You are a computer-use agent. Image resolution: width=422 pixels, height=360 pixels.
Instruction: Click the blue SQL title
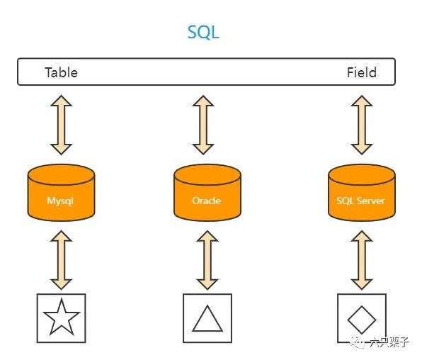click(x=203, y=33)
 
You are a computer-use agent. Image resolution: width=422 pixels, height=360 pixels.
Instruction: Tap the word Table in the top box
click(x=61, y=72)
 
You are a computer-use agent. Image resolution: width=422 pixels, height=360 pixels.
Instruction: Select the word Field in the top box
click(x=361, y=72)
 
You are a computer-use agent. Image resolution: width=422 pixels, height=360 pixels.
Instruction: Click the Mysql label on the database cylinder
click(x=60, y=201)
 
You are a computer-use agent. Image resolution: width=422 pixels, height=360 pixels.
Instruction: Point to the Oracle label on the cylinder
click(x=207, y=201)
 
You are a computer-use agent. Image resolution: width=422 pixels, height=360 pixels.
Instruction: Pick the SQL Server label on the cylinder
click(x=360, y=201)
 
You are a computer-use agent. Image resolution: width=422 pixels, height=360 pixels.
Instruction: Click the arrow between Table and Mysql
click(x=61, y=125)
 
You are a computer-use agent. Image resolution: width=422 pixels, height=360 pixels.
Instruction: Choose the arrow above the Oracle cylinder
click(x=203, y=125)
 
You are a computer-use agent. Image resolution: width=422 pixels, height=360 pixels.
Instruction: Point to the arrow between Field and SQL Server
click(x=362, y=125)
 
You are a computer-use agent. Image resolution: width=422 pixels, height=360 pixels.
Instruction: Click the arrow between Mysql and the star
click(x=61, y=260)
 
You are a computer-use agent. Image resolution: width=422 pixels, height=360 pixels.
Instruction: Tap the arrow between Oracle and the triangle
click(x=207, y=260)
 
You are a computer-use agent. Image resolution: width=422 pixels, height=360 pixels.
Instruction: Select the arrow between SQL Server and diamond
click(x=362, y=260)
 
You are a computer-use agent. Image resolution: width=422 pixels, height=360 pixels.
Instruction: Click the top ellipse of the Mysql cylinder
click(x=61, y=174)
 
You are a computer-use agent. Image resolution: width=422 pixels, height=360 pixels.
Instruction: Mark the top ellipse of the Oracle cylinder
click(x=207, y=174)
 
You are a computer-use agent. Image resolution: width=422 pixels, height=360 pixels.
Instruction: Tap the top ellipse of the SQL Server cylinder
click(x=362, y=174)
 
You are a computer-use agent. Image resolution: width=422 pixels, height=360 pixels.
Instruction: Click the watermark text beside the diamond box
click(x=389, y=342)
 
